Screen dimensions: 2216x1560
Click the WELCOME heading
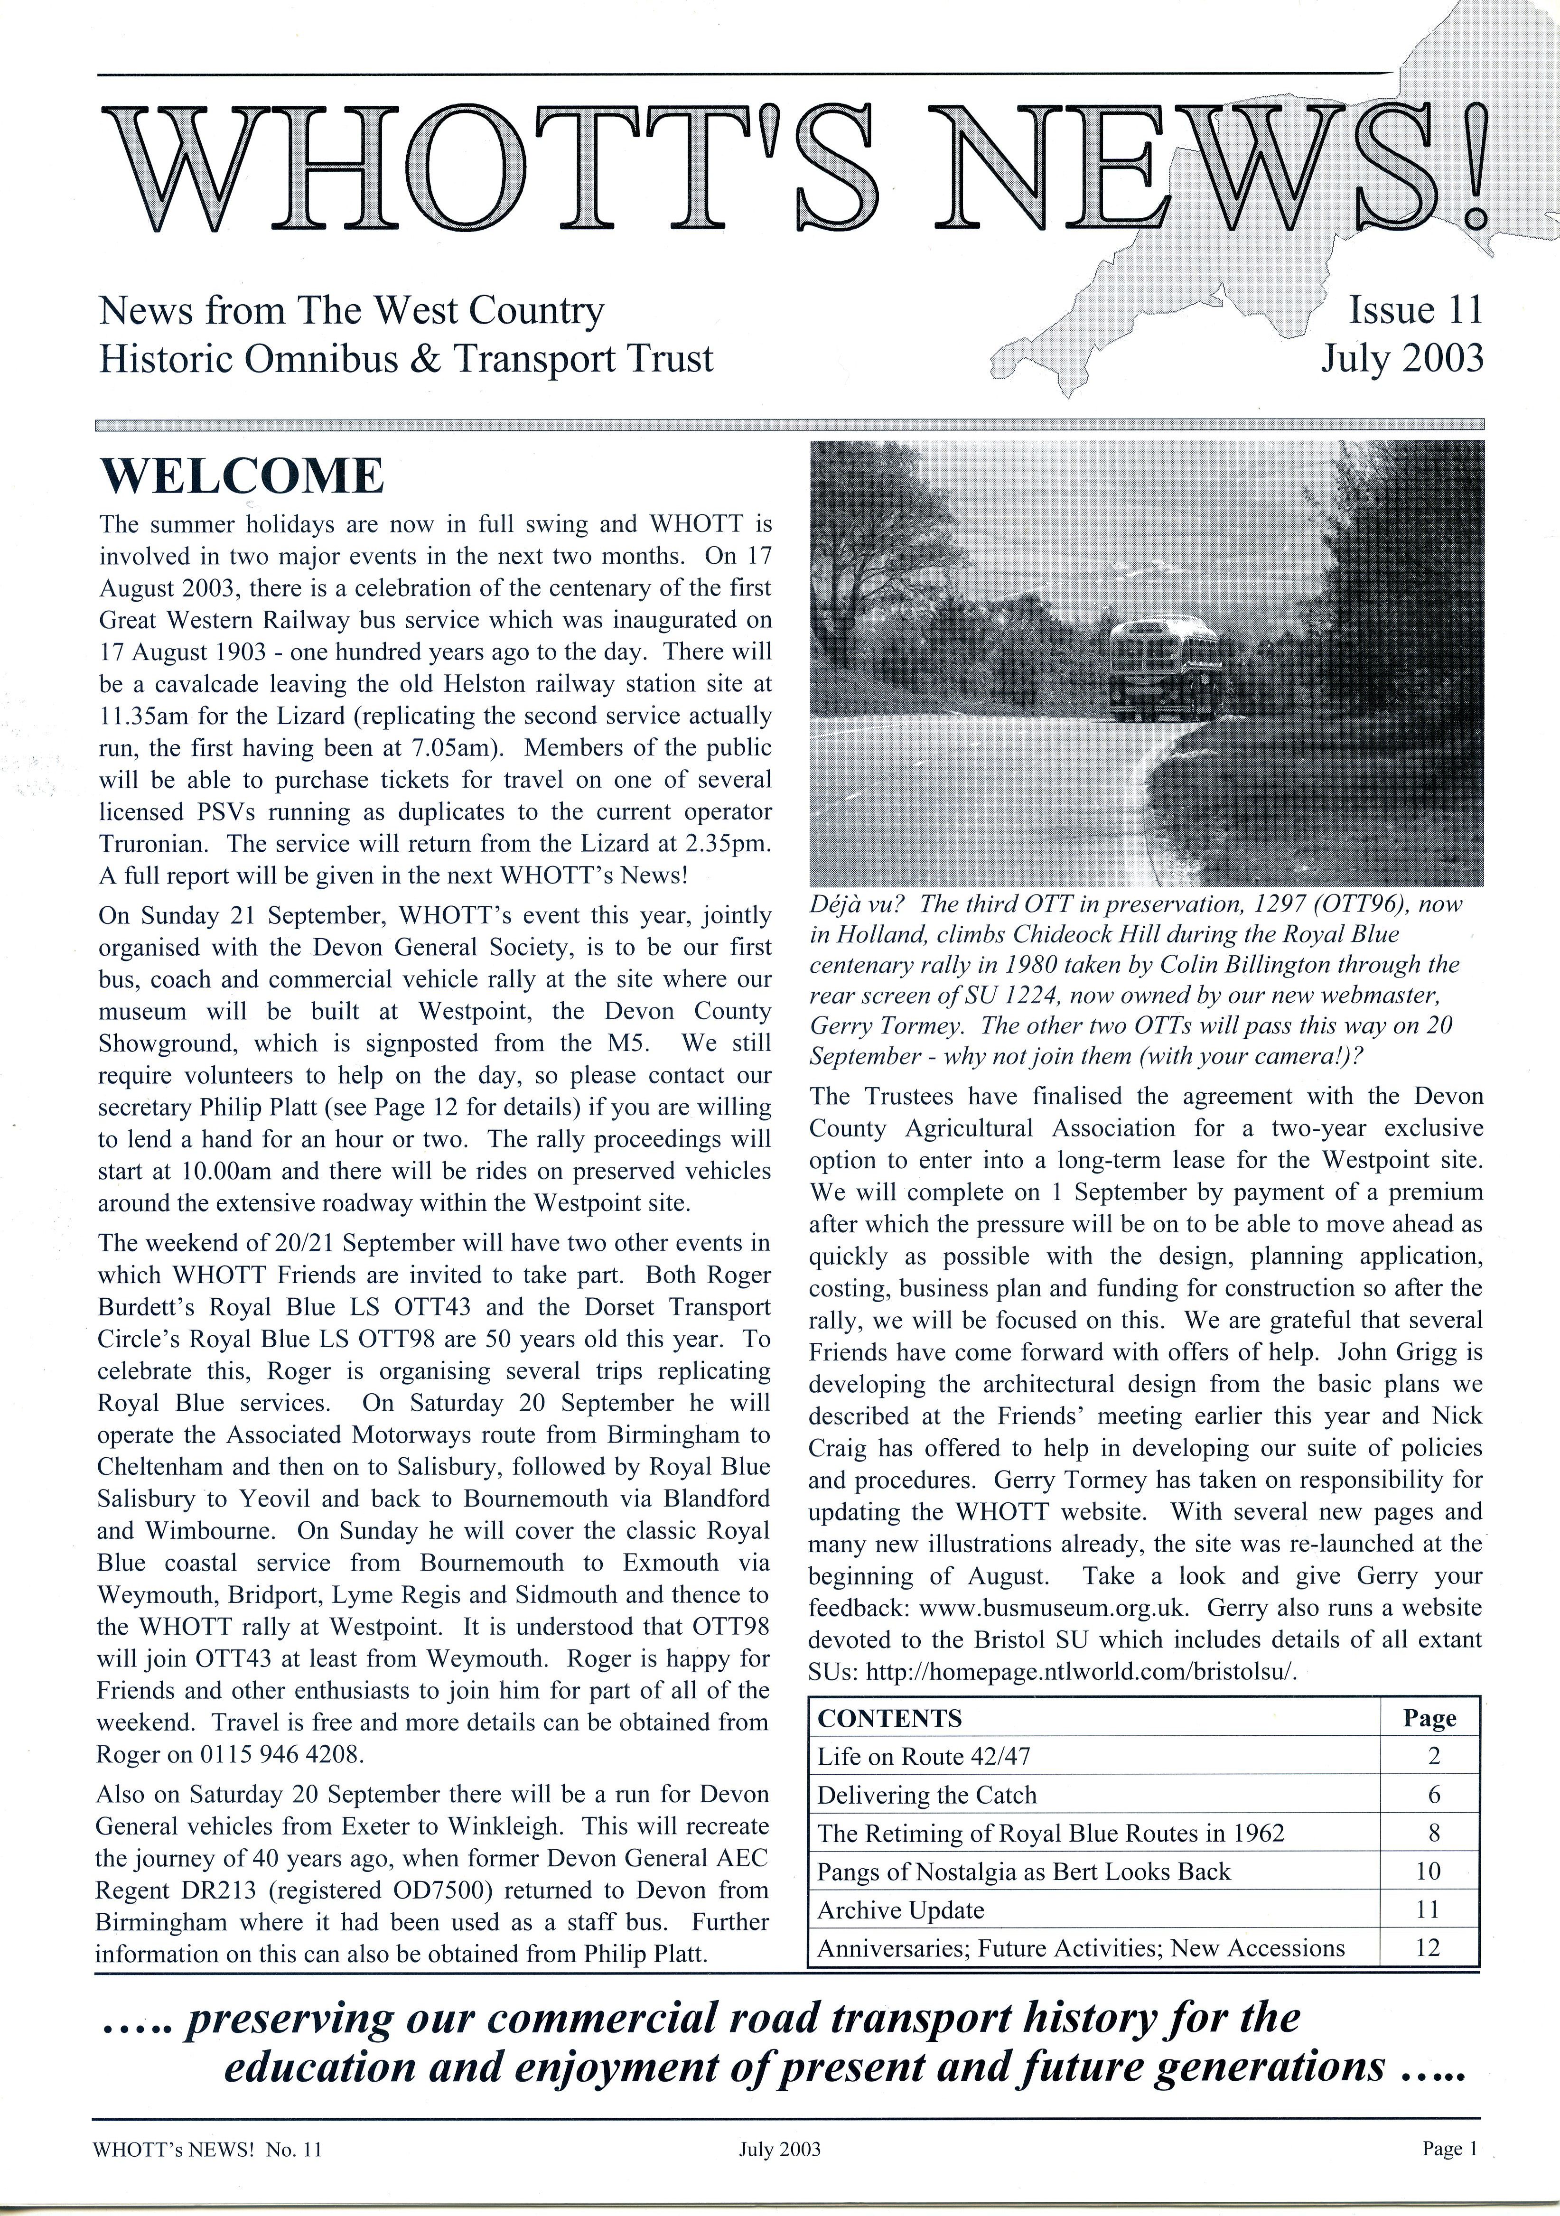pyautogui.click(x=242, y=477)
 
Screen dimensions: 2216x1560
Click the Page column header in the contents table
pyautogui.click(x=1429, y=1718)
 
